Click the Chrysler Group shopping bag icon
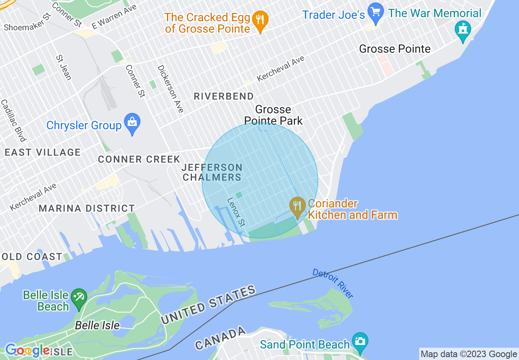132,123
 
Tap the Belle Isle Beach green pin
79,298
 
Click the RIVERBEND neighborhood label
223,97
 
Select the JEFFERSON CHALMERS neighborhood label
212,172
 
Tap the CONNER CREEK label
139,159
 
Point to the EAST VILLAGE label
43,153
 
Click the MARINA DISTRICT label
87,208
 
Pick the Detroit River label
332,283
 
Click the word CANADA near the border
221,338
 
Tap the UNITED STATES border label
209,305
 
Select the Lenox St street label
236,212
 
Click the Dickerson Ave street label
171,88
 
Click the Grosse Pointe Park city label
273,115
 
